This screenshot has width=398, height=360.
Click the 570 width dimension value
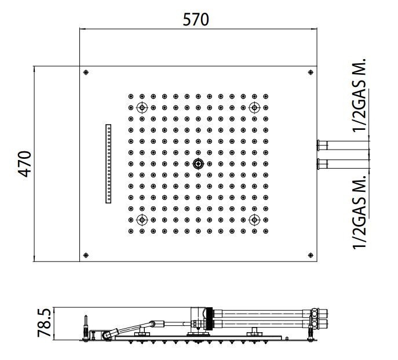point(196,20)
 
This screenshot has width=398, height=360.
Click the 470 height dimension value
point(24,164)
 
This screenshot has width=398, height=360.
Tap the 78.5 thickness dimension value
point(44,323)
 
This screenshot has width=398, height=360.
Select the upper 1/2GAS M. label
point(359,95)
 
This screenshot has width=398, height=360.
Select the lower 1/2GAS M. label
point(359,212)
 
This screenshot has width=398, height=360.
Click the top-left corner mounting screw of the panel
point(86,72)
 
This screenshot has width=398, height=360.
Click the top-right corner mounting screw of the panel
point(311,72)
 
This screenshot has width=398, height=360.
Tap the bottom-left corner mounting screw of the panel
point(86,255)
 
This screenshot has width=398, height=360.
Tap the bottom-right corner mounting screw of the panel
point(311,255)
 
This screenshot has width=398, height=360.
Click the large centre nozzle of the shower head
point(198,164)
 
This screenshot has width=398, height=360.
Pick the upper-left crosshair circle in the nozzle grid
point(142,108)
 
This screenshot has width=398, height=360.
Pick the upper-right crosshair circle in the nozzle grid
point(254,108)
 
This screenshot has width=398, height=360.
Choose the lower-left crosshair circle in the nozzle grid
point(142,220)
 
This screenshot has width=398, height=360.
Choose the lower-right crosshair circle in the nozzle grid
point(254,220)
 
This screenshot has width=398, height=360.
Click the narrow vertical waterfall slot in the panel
point(108,164)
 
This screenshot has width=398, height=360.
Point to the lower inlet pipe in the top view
point(342,164)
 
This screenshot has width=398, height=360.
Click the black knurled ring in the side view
point(209,319)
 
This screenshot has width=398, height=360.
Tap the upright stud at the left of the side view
point(86,327)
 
